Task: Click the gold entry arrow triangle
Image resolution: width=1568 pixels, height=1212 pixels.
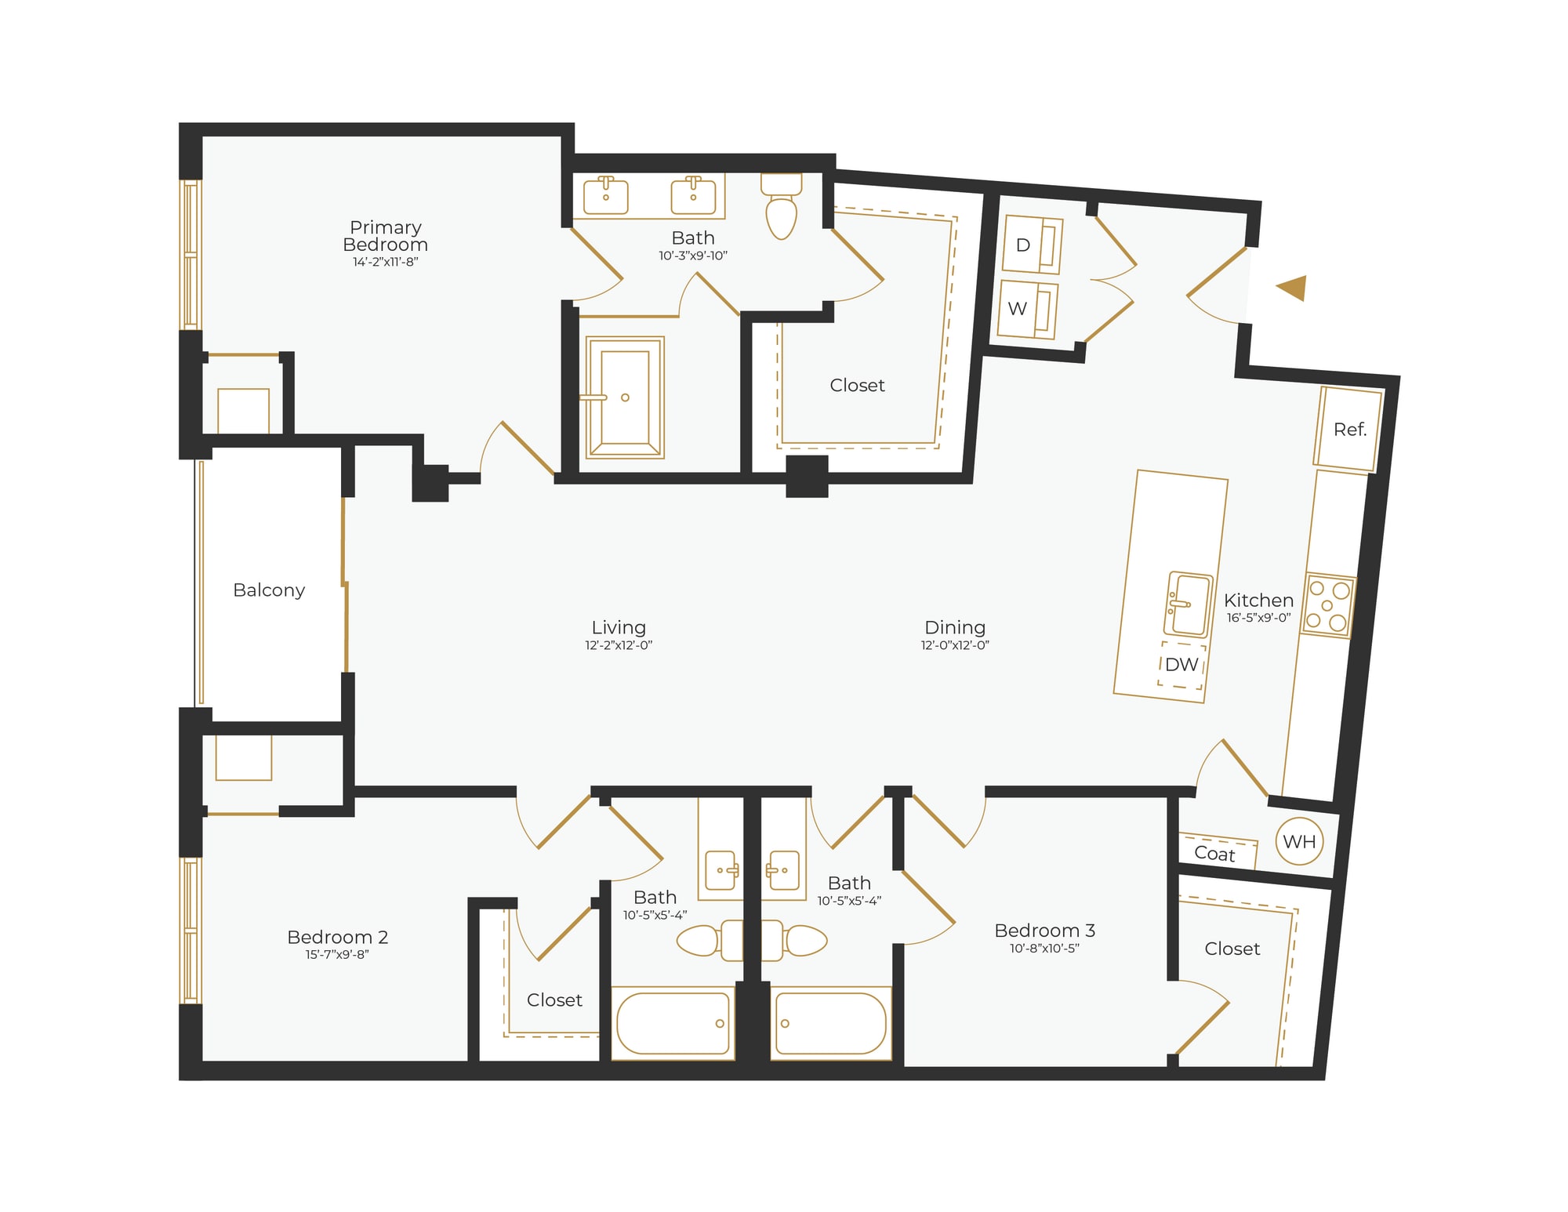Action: tap(1294, 288)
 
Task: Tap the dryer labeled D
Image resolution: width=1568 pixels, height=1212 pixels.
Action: tap(1033, 245)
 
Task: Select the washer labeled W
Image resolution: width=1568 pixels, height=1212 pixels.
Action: tap(1028, 309)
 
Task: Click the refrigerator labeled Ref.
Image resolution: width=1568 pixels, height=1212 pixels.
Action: tap(1348, 429)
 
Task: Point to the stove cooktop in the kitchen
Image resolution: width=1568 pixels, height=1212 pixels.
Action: tap(1329, 605)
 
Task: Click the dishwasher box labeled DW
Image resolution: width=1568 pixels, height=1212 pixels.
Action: tap(1181, 665)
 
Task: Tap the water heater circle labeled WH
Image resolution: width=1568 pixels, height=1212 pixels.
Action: tap(1299, 841)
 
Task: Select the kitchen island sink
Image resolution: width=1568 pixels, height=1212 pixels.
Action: tap(1189, 604)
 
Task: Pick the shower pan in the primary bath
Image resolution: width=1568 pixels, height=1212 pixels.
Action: tap(625, 397)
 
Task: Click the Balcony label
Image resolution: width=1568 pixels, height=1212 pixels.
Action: tap(269, 590)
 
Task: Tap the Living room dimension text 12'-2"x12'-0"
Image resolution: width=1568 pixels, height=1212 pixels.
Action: tap(619, 645)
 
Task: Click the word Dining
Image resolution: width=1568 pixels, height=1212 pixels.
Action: tap(954, 627)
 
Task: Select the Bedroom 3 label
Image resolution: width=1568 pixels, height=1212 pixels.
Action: tap(1044, 931)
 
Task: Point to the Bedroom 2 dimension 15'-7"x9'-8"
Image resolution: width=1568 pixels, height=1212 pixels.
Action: tap(337, 954)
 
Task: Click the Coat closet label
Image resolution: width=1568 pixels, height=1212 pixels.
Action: tap(1214, 854)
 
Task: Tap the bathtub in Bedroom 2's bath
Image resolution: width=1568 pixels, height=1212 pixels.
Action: tap(673, 1023)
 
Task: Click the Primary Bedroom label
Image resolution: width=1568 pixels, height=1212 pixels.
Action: tap(385, 235)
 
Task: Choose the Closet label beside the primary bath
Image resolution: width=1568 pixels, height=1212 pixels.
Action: tap(857, 385)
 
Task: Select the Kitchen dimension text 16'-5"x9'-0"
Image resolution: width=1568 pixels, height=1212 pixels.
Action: tap(1258, 618)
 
